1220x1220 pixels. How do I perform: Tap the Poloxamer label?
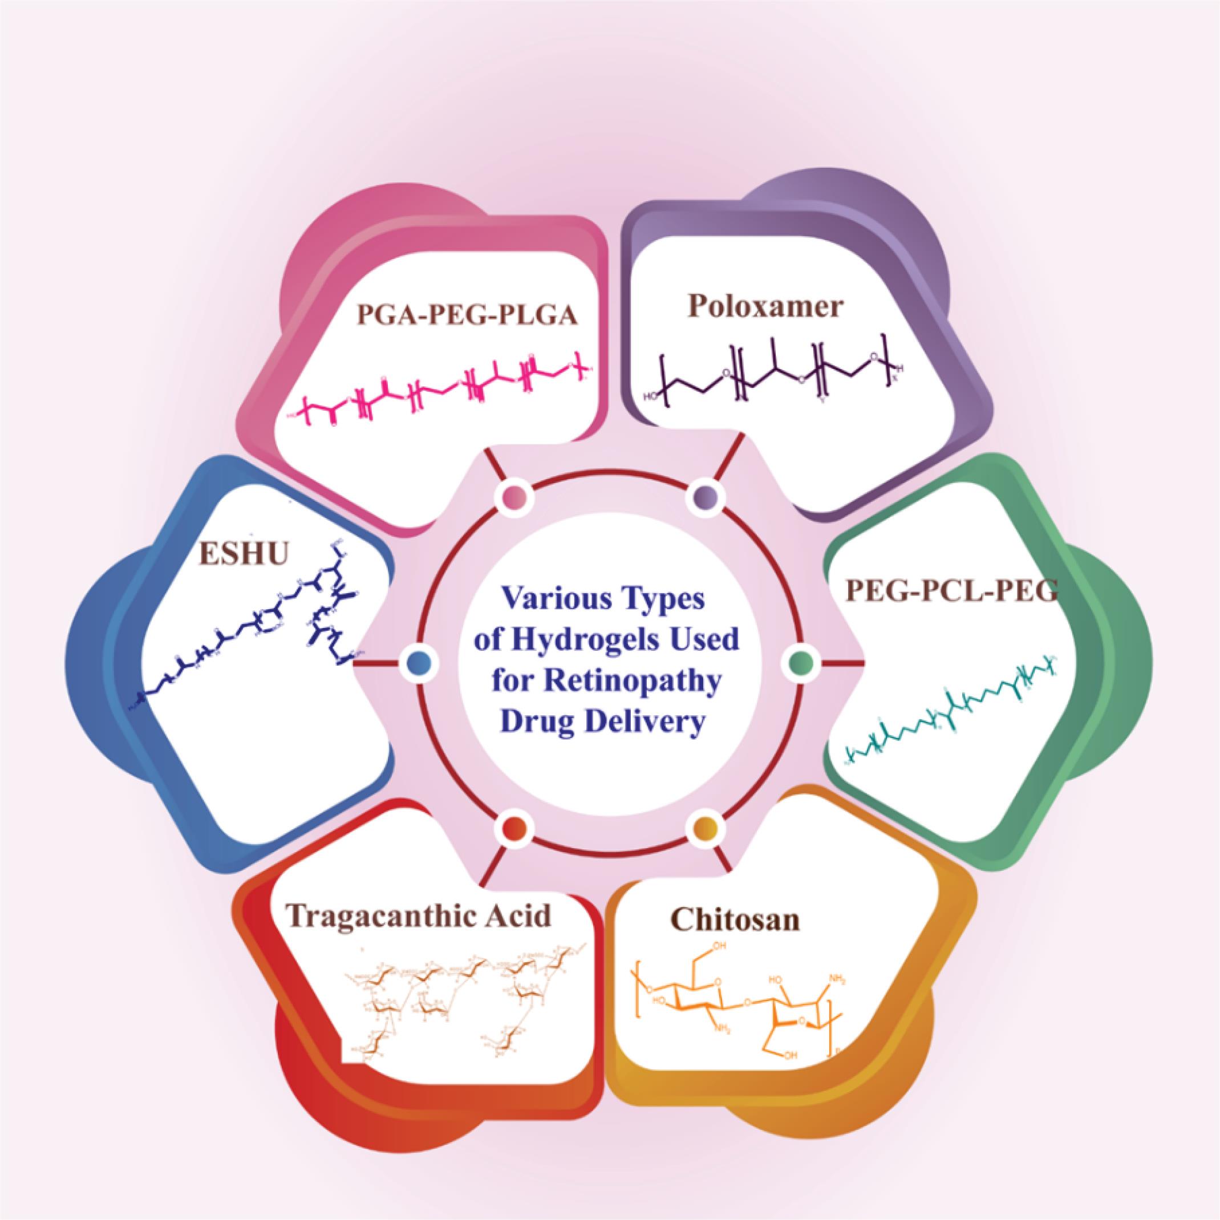pyautogui.click(x=765, y=307)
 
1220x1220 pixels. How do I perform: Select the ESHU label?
pyautogui.click(x=243, y=554)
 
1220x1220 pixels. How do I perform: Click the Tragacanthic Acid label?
pyautogui.click(x=418, y=915)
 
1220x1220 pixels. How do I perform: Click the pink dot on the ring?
pyautogui.click(x=514, y=496)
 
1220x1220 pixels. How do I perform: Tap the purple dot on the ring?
pyautogui.click(x=706, y=496)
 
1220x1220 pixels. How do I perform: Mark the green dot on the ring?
pyautogui.click(x=801, y=662)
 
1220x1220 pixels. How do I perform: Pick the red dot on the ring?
pyautogui.click(x=514, y=826)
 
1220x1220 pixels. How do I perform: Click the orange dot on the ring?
pyautogui.click(x=706, y=826)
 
